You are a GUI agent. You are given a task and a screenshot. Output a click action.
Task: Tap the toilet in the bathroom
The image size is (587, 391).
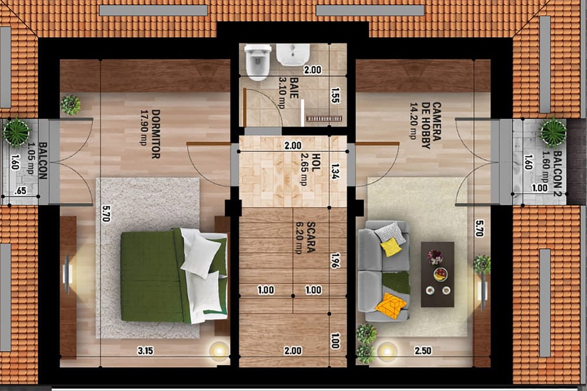pos(258,62)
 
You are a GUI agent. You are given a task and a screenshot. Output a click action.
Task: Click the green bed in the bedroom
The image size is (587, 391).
pos(174,276)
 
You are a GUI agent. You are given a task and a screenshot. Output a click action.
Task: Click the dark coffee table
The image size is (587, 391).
pos(437,274)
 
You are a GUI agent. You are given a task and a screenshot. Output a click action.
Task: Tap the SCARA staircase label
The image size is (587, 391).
pos(311,237)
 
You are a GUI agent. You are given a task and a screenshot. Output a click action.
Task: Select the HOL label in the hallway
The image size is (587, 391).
pos(316,161)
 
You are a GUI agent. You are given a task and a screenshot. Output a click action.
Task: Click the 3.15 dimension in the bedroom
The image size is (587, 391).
pos(145,351)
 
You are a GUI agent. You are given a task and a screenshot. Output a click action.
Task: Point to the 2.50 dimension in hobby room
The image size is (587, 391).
pos(423,351)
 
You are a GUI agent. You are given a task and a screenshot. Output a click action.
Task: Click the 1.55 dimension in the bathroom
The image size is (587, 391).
pos(335,95)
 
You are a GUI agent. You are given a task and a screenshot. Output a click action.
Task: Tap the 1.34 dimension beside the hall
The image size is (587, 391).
pos(335,171)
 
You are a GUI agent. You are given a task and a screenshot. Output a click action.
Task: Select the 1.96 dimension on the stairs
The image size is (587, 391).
pos(335,261)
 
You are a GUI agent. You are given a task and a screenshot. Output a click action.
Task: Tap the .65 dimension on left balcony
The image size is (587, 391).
pos(20,191)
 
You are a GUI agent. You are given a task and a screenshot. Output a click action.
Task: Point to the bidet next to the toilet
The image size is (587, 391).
pos(293,55)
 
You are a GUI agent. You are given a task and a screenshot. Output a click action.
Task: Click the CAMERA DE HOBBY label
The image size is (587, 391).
pos(431,125)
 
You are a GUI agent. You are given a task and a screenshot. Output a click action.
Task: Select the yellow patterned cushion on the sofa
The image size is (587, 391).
pos(391,305)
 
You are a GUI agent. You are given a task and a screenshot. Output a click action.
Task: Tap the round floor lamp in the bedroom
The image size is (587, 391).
pos(219,351)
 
